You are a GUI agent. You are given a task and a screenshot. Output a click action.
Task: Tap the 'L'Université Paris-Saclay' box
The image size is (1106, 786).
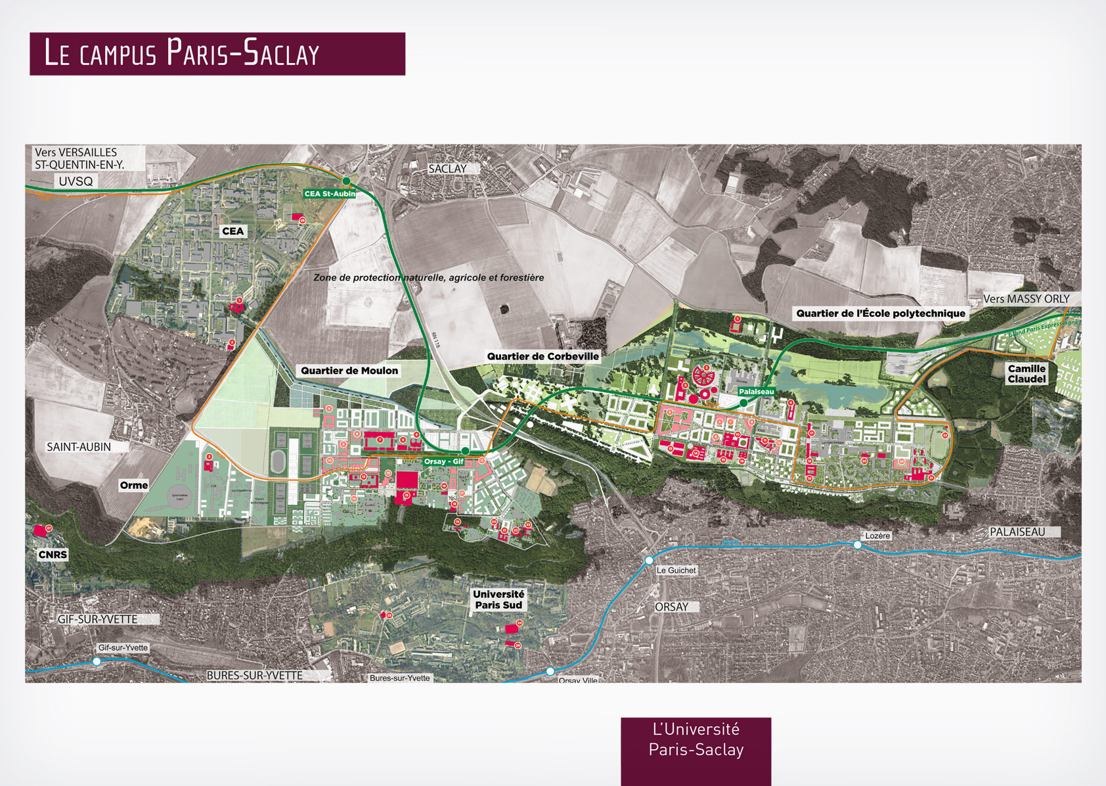(x=696, y=740)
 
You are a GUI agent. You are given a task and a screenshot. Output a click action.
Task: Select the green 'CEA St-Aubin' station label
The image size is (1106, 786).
(x=329, y=194)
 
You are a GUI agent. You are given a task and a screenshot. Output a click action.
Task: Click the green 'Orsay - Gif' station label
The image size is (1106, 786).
(x=443, y=461)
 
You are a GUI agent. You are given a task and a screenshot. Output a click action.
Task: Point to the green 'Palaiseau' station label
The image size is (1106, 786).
(x=756, y=392)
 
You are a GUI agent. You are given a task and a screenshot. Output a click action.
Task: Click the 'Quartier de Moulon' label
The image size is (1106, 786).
(x=349, y=371)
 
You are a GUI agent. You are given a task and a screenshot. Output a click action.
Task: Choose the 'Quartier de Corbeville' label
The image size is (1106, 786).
(x=542, y=356)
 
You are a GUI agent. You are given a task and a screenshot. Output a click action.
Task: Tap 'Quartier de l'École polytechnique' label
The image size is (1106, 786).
(x=881, y=313)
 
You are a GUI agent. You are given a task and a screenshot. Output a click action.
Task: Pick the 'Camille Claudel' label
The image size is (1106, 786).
(x=1027, y=374)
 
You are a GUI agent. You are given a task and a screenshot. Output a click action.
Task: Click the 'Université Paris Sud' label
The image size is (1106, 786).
(x=498, y=599)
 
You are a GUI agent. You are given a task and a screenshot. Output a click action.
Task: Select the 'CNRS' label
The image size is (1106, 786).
(x=53, y=555)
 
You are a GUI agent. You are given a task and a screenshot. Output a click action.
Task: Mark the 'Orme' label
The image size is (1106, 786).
(x=134, y=485)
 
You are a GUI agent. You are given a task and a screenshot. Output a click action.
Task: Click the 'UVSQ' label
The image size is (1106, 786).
(x=76, y=181)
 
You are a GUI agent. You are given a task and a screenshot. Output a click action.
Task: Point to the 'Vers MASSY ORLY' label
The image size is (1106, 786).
(x=1026, y=299)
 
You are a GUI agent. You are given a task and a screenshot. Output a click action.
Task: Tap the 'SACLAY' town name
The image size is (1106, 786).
(x=447, y=169)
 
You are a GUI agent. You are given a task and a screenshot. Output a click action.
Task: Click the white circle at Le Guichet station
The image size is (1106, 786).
(x=649, y=561)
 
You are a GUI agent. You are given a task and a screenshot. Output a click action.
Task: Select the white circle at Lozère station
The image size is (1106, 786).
(x=857, y=545)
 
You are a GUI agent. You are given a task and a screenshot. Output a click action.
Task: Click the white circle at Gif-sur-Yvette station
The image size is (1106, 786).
(x=97, y=661)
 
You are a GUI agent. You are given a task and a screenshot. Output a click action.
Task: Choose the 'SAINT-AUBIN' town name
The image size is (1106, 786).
(x=79, y=447)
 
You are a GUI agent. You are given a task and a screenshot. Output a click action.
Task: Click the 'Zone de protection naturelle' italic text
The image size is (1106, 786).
(x=428, y=278)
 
